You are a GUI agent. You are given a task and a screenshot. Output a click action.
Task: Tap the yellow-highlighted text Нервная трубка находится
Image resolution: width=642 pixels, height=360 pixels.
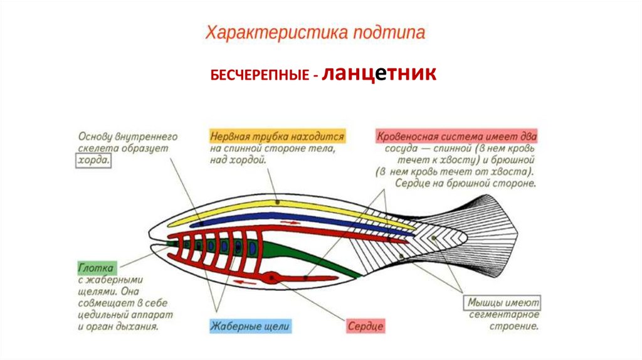pyautogui.click(x=277, y=136)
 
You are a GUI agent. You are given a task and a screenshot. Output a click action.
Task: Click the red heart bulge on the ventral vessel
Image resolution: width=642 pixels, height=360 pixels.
pyautogui.click(x=271, y=276)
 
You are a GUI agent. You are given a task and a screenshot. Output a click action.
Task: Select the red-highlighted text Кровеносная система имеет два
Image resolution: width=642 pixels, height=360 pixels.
pyautogui.click(x=456, y=136)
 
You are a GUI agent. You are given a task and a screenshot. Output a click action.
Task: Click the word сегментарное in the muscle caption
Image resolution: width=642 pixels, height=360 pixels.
pyautogui.click(x=504, y=315)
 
